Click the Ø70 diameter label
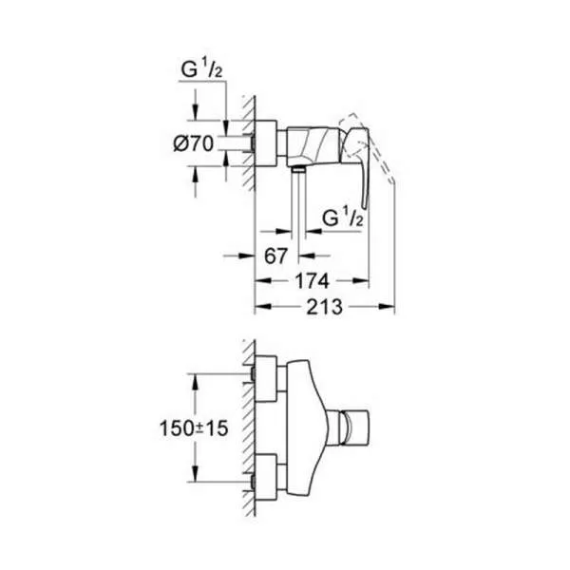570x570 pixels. [194, 143]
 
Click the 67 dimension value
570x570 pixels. [275, 256]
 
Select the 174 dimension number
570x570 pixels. [312, 281]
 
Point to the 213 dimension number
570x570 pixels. [325, 307]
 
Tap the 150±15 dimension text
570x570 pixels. [194, 427]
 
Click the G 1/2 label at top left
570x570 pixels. [201, 69]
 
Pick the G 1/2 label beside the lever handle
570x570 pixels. [342, 218]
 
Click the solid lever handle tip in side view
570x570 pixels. [364, 207]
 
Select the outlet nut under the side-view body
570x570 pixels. [299, 168]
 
